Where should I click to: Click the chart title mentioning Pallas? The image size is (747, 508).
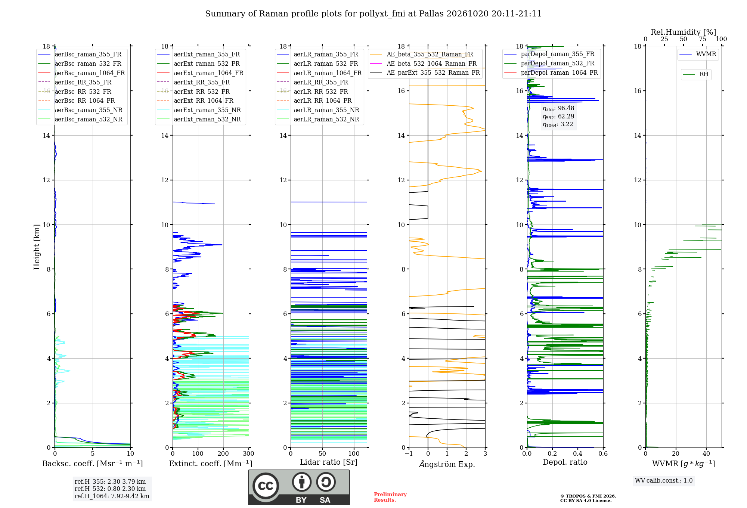point(373,14)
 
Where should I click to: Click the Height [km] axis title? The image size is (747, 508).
point(37,247)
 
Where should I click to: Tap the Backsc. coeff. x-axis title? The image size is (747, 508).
point(93,463)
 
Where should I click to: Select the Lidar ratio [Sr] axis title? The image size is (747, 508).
point(329,462)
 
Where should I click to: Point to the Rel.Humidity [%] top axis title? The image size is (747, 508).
point(684,32)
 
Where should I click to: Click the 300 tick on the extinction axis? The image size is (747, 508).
point(249,454)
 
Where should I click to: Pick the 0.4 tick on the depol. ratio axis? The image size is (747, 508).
point(578,454)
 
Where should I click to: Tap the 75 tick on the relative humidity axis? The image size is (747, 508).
point(703,39)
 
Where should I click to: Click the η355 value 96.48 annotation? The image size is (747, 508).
point(558,108)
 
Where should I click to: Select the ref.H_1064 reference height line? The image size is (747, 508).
point(112,496)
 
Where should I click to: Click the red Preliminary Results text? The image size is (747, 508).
point(390,497)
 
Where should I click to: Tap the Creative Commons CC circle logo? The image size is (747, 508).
point(266,486)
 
